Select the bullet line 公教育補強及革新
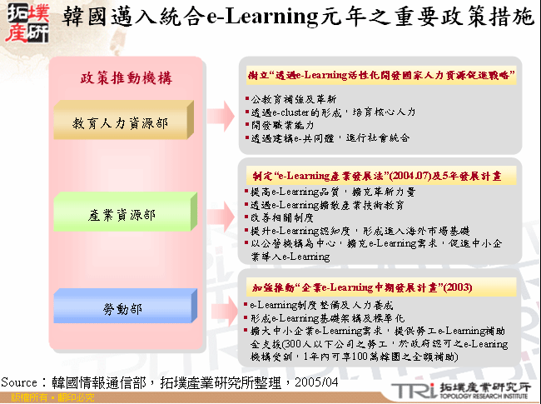pos(290,98)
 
